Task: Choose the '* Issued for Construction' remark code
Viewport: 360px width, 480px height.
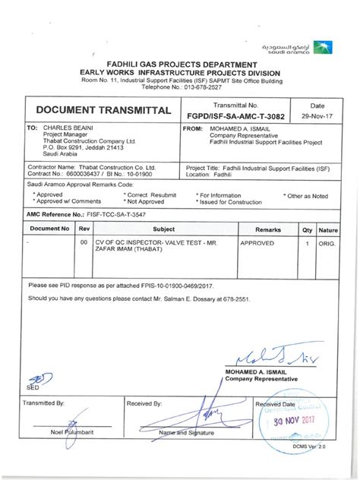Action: [x=231, y=201]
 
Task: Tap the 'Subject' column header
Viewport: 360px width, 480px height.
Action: [x=163, y=229]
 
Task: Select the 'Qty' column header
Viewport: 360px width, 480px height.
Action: [x=307, y=229]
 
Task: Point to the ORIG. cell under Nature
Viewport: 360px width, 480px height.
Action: [x=328, y=245]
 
